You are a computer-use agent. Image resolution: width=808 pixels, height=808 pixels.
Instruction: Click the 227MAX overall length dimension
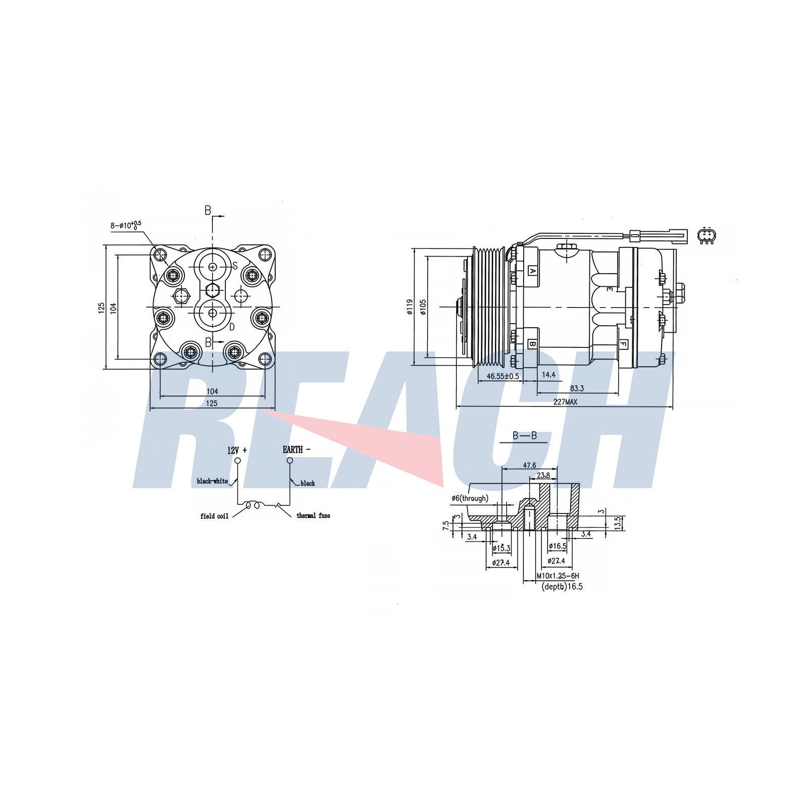565,402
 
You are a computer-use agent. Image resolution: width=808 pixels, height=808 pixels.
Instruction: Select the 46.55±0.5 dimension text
503,376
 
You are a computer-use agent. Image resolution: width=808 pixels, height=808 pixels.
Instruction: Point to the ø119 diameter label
410,307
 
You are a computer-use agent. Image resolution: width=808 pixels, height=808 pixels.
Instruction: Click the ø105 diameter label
423,307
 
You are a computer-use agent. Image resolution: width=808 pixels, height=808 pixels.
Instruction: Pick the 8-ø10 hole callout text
126,225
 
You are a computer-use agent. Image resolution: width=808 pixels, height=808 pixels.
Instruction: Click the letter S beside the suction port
235,266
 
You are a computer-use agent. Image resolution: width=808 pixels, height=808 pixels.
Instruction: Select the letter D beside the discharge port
232,327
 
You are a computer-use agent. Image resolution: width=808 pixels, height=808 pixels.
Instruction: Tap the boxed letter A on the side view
532,271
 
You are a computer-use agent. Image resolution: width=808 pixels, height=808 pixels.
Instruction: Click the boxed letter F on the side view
623,345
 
